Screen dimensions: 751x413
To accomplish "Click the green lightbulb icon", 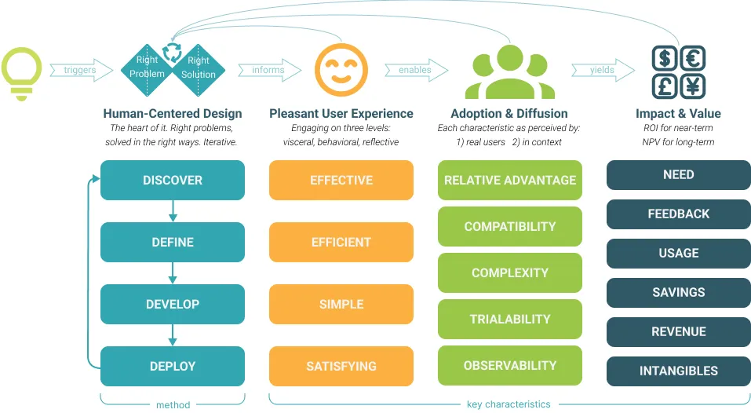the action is (21, 73).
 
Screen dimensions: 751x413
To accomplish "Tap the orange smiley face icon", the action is (341, 70).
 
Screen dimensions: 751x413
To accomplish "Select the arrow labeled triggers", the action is (82, 70).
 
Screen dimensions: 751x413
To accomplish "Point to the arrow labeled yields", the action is (603, 70).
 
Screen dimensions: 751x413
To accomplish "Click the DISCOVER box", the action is (173, 180).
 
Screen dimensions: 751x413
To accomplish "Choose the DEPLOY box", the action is (173, 366).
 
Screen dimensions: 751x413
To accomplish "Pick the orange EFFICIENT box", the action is (341, 242).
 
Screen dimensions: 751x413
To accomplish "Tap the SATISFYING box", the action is (341, 366).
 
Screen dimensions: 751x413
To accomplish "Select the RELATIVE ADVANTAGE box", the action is (509, 180).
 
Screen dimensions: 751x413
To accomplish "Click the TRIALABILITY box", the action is (509, 319).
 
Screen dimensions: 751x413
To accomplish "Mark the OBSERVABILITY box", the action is (509, 366).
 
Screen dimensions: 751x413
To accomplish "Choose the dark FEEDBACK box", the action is (679, 214).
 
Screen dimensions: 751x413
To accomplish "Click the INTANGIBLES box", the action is (679, 371).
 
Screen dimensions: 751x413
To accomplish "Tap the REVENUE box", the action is (679, 331).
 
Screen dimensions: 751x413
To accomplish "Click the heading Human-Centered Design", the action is (173, 114).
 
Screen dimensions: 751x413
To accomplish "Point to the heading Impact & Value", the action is (678, 114).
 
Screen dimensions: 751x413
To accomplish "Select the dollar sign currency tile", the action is (665, 58).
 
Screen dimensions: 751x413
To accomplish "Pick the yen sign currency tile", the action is (693, 86).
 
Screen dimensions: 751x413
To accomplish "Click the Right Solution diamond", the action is (199, 70).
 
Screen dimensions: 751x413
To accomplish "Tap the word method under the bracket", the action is (173, 405).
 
